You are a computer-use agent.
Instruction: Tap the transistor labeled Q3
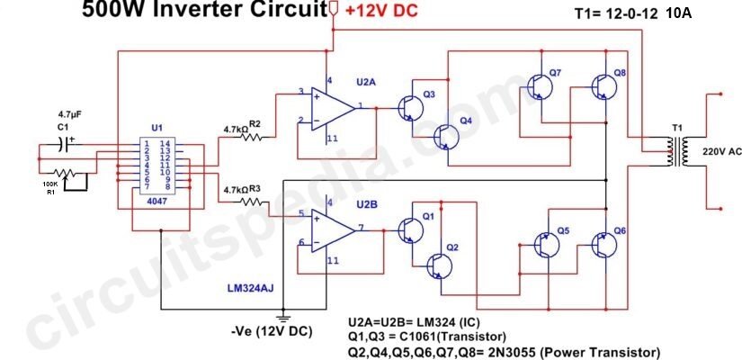(410, 108)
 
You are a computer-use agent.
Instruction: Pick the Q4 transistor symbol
(447, 137)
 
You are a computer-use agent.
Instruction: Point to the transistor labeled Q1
(410, 230)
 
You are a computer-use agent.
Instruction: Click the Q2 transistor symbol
(440, 266)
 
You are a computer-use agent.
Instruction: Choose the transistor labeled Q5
(547, 245)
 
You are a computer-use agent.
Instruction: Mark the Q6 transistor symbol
(604, 245)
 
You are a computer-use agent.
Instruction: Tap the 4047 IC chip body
(157, 166)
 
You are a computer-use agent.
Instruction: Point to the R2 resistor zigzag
(251, 138)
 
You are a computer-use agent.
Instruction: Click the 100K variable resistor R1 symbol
(65, 173)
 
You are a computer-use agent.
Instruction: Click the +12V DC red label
(382, 12)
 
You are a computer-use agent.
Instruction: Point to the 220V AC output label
(722, 152)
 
